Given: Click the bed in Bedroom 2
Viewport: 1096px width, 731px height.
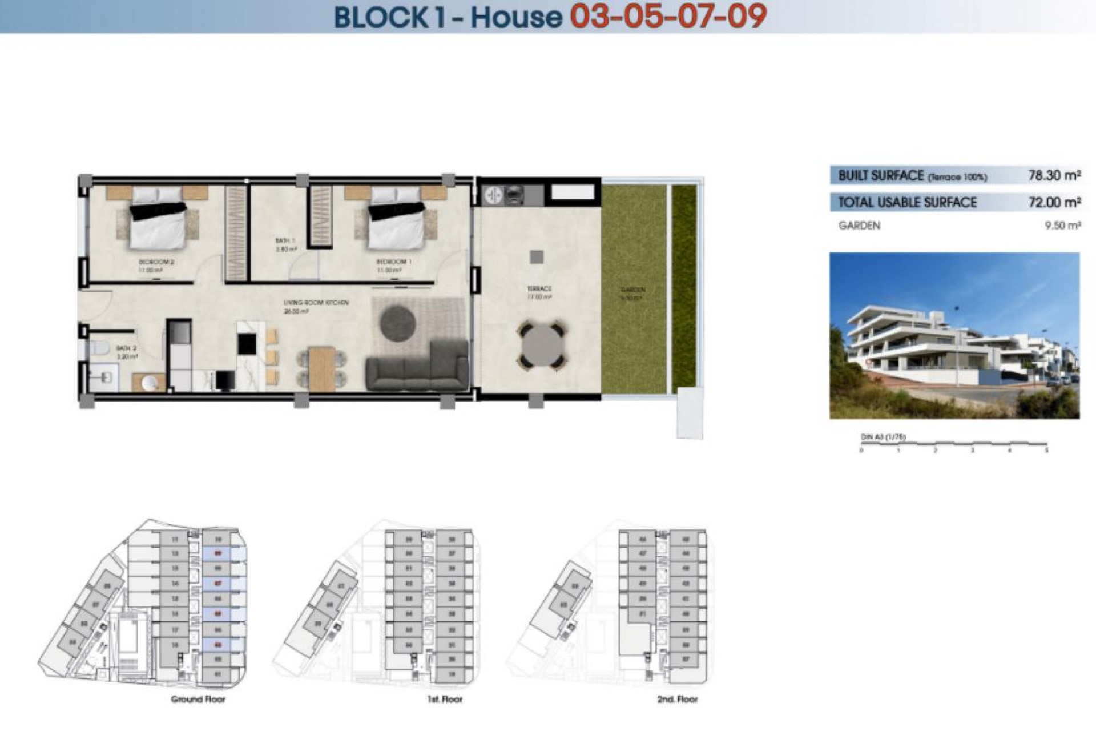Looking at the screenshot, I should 158,223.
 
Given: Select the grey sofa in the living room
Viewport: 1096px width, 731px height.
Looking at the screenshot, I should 417,366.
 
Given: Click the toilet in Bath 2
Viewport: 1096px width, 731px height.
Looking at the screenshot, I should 100,347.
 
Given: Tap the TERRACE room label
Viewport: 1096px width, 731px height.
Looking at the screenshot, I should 539,289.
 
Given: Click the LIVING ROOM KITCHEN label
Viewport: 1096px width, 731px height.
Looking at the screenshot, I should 316,303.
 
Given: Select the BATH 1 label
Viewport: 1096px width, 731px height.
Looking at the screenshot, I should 285,241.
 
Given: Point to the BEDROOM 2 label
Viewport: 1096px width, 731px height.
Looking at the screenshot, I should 156,262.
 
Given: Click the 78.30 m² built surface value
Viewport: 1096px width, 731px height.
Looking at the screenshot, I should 1054,176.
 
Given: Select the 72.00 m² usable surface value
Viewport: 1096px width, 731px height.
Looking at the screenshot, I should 1054,202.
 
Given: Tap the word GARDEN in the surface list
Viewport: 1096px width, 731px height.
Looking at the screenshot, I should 859,226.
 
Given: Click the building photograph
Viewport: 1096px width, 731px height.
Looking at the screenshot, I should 954,335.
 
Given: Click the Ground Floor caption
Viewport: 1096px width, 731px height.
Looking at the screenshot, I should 198,699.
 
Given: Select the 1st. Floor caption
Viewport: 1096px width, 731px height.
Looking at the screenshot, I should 445,699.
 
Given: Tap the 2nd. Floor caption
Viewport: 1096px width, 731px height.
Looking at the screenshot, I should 677,699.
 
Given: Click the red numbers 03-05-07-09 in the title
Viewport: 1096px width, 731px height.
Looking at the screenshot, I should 668,17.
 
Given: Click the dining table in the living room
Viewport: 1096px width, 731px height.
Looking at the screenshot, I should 322,368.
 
